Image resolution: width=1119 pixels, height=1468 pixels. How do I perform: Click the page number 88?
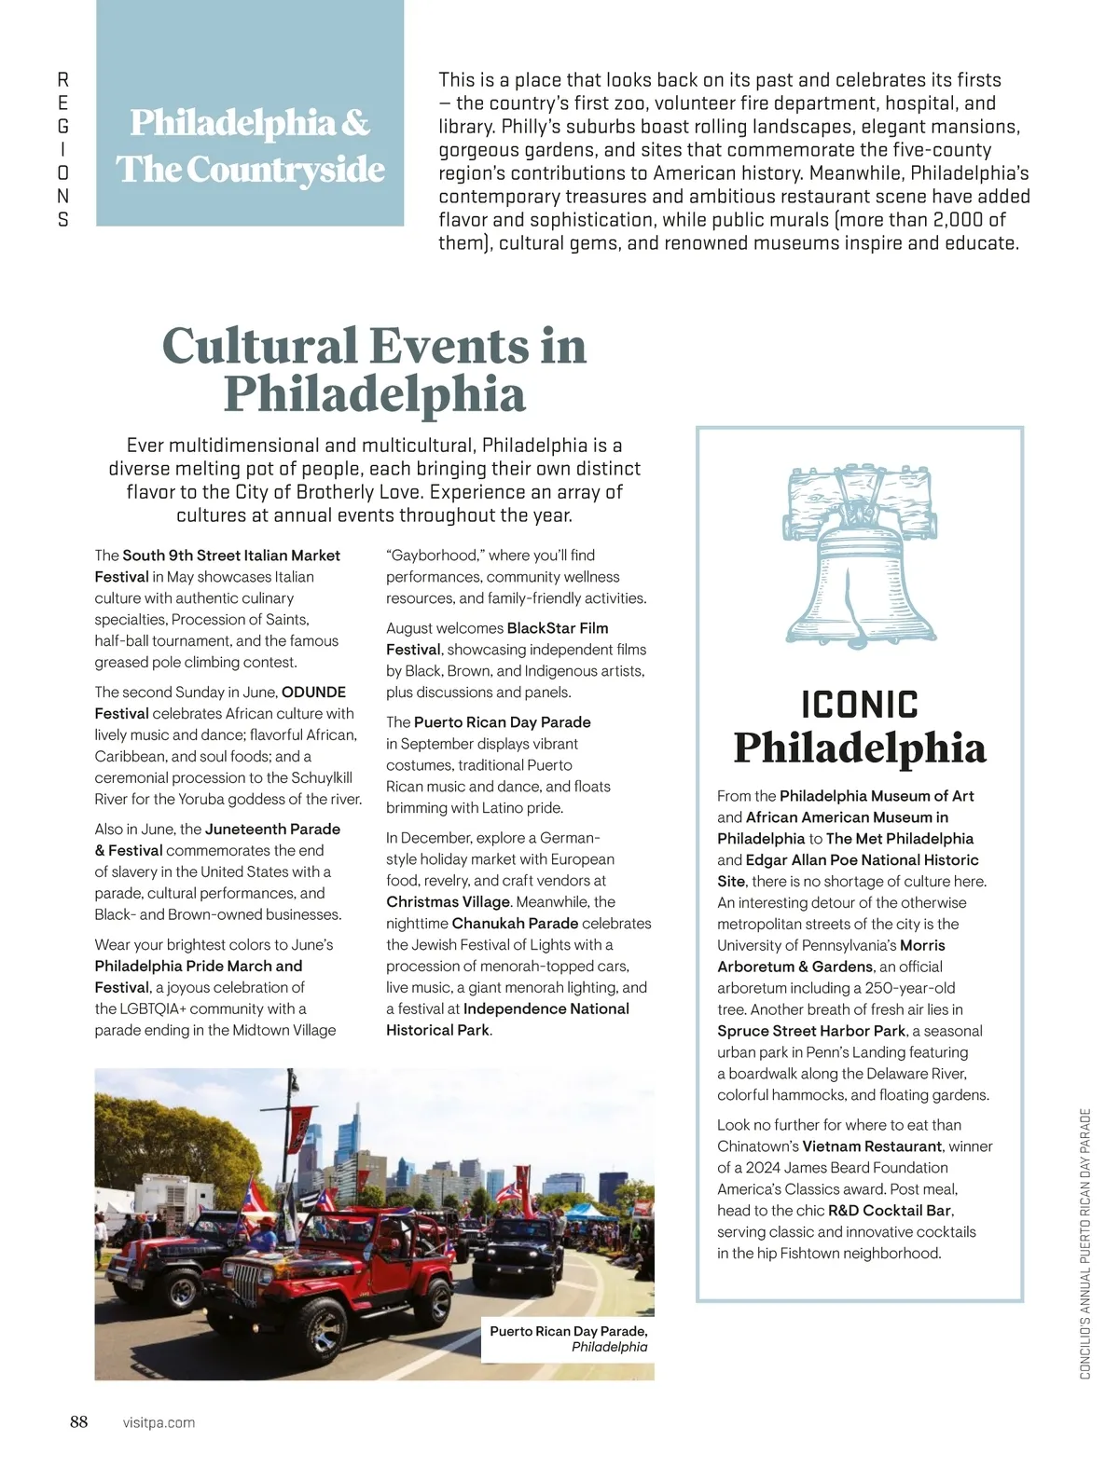[x=78, y=1421]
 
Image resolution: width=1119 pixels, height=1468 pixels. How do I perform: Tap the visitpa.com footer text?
[x=159, y=1422]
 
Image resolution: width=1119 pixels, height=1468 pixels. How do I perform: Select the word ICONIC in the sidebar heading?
[x=860, y=705]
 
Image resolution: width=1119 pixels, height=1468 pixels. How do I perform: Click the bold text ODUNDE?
[x=313, y=693]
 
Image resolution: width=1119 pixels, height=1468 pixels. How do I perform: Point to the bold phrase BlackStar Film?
[x=557, y=628]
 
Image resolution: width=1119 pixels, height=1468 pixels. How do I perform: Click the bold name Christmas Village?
[x=448, y=902]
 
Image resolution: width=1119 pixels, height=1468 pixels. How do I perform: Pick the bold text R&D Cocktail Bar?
[x=890, y=1211]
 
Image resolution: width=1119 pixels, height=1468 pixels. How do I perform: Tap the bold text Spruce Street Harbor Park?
[x=811, y=1031]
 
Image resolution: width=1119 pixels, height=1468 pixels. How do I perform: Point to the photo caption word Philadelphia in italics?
[x=609, y=1347]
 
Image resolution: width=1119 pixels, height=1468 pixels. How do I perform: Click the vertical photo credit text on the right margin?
[x=1084, y=1244]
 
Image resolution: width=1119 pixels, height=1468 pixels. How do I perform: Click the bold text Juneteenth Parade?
[x=272, y=830]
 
